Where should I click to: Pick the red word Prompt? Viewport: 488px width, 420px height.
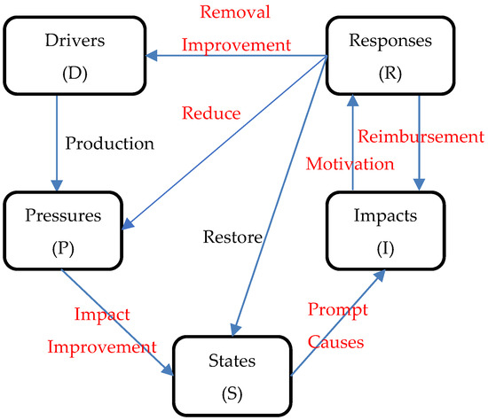(x=338, y=309)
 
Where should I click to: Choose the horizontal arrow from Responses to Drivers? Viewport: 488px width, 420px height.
(x=235, y=57)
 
